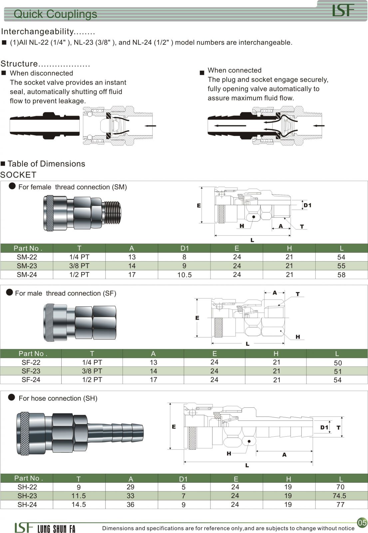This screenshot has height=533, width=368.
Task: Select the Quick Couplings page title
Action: click(55, 14)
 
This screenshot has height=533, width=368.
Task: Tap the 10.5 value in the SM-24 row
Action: click(184, 275)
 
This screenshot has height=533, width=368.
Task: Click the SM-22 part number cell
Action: click(27, 257)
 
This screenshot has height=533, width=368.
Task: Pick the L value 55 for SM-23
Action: click(341, 266)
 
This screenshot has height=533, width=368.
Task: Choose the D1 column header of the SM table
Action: click(184, 248)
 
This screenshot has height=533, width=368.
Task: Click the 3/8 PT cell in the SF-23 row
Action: click(92, 371)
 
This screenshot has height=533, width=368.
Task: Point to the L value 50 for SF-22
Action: click(338, 363)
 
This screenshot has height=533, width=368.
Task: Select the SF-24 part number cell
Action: click(31, 379)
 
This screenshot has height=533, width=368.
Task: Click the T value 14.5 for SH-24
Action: click(79, 504)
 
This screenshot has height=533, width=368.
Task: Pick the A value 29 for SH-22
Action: click(131, 487)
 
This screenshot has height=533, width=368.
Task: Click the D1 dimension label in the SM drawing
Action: click(307, 205)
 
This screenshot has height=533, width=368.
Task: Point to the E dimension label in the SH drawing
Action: click(174, 427)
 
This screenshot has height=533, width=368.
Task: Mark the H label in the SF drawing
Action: click(297, 337)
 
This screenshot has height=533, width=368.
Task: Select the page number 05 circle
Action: click(362, 522)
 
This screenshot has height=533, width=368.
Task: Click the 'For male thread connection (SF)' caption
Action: click(66, 293)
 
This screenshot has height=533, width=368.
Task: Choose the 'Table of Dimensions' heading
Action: click(46, 164)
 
